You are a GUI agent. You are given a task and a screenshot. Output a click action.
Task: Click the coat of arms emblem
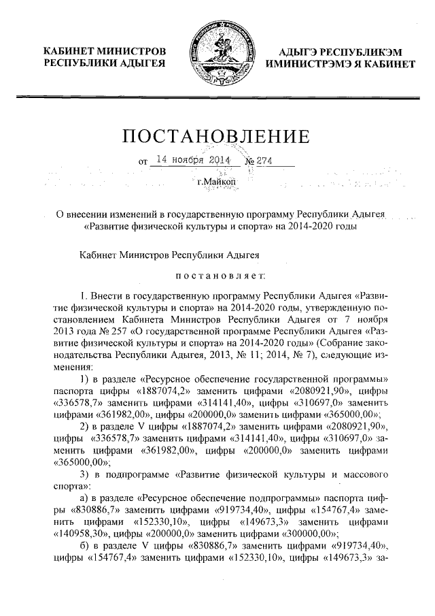[217, 48]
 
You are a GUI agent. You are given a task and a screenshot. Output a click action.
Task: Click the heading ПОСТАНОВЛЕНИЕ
[216, 137]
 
